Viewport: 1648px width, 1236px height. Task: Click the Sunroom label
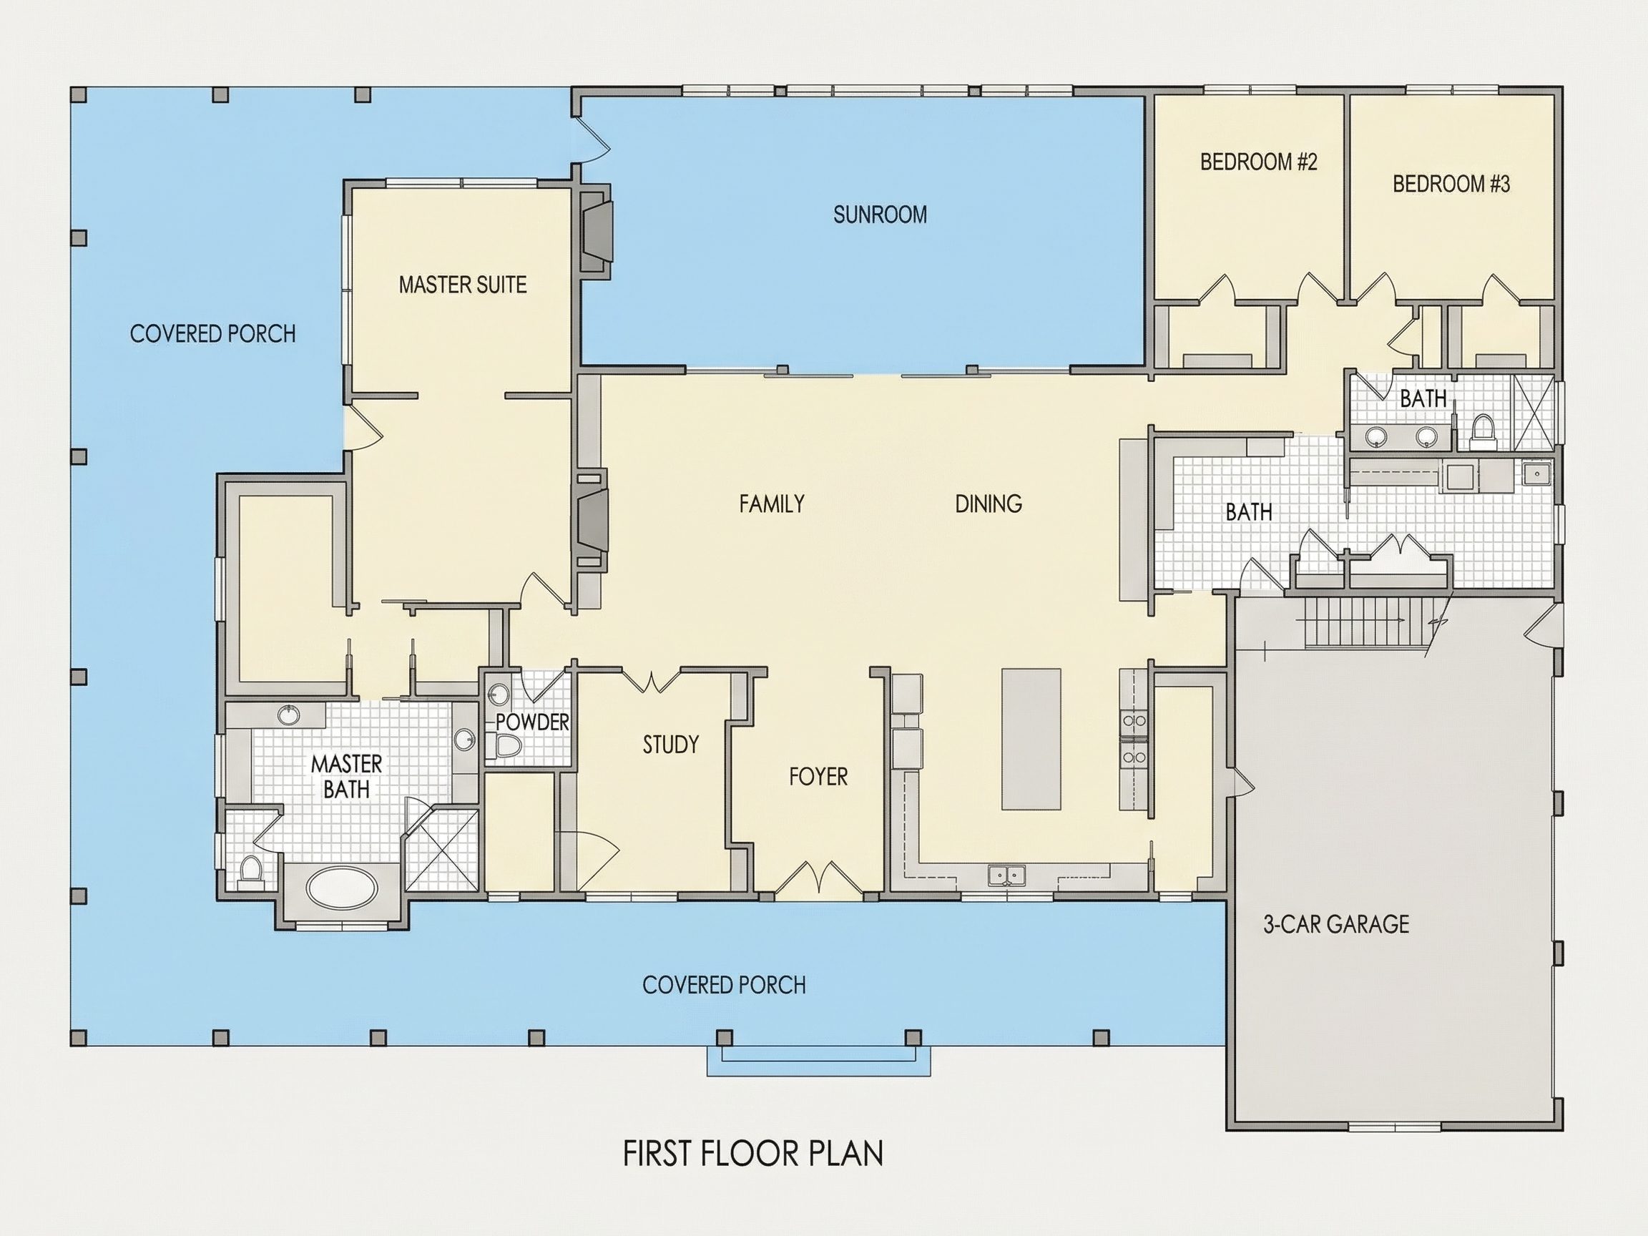pyautogui.click(x=880, y=215)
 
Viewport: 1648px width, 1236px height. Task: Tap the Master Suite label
pyautogui.click(x=463, y=285)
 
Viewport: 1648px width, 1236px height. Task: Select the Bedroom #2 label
pyautogui.click(x=1258, y=162)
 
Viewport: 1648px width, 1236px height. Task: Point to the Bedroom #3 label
pyautogui.click(x=1451, y=184)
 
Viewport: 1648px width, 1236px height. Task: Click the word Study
pyautogui.click(x=670, y=745)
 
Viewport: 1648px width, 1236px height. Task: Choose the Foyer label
pyautogui.click(x=818, y=777)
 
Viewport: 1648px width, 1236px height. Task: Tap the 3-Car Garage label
pyautogui.click(x=1336, y=925)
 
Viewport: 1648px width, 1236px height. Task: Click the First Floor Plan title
pyautogui.click(x=752, y=1153)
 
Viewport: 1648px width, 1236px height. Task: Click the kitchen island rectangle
pyautogui.click(x=1031, y=738)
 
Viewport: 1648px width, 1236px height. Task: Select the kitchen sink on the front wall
pyautogui.click(x=1006, y=875)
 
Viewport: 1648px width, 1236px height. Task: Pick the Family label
pyautogui.click(x=772, y=504)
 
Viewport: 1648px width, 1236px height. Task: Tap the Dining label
pyautogui.click(x=989, y=504)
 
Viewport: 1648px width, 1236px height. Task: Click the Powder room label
pyautogui.click(x=532, y=722)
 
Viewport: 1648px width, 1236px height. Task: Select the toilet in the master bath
pyautogui.click(x=251, y=871)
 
